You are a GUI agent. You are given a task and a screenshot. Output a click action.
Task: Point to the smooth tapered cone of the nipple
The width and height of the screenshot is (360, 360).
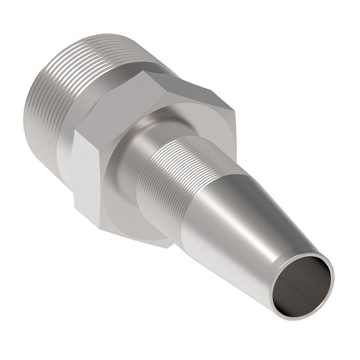[x=242, y=230]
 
